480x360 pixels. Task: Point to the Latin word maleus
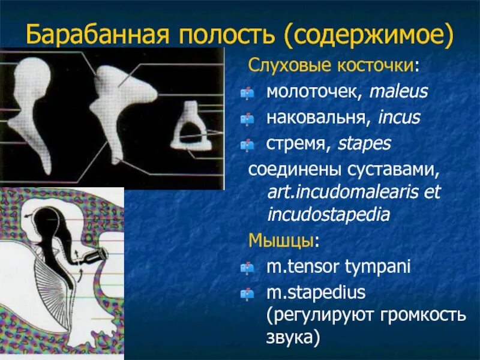click(x=398, y=92)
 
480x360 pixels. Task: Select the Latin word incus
click(x=399, y=118)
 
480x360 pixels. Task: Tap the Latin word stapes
click(x=364, y=143)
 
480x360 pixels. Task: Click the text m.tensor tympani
click(x=338, y=267)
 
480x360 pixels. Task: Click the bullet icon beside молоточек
click(x=247, y=92)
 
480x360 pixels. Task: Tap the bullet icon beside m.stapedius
click(x=247, y=293)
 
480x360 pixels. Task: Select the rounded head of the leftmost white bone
click(x=32, y=75)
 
